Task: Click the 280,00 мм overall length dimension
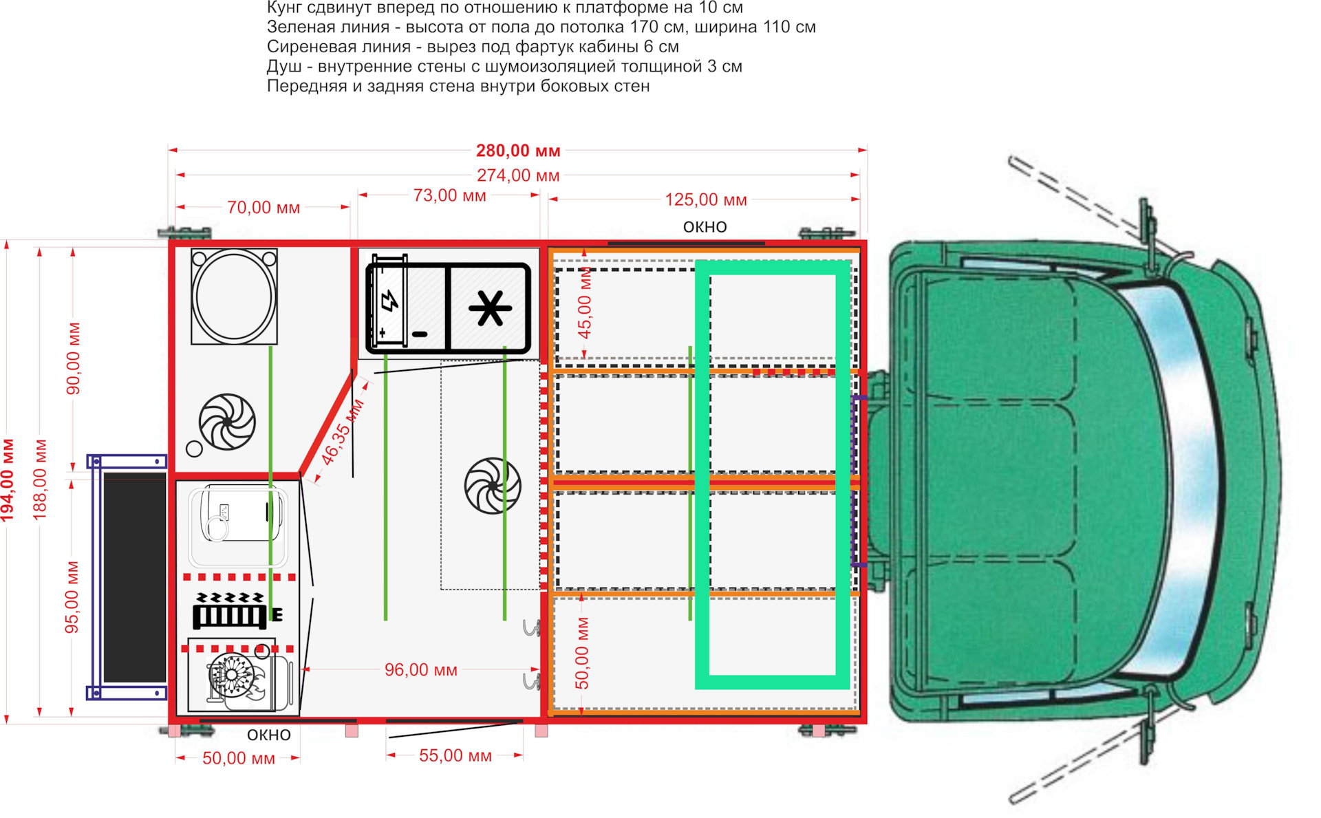[518, 151]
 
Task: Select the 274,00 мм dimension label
[518, 175]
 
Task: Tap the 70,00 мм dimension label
[264, 207]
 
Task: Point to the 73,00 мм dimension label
[449, 195]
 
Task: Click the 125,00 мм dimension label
[705, 200]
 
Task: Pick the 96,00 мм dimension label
[420, 669]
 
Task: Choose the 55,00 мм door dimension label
[455, 755]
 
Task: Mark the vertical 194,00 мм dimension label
[8, 480]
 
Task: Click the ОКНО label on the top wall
[705, 227]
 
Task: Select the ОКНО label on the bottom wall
[268, 735]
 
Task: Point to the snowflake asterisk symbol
[490, 308]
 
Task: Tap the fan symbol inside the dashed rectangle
[493, 486]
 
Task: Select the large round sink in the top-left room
[234, 297]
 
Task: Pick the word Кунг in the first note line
[284, 8]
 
